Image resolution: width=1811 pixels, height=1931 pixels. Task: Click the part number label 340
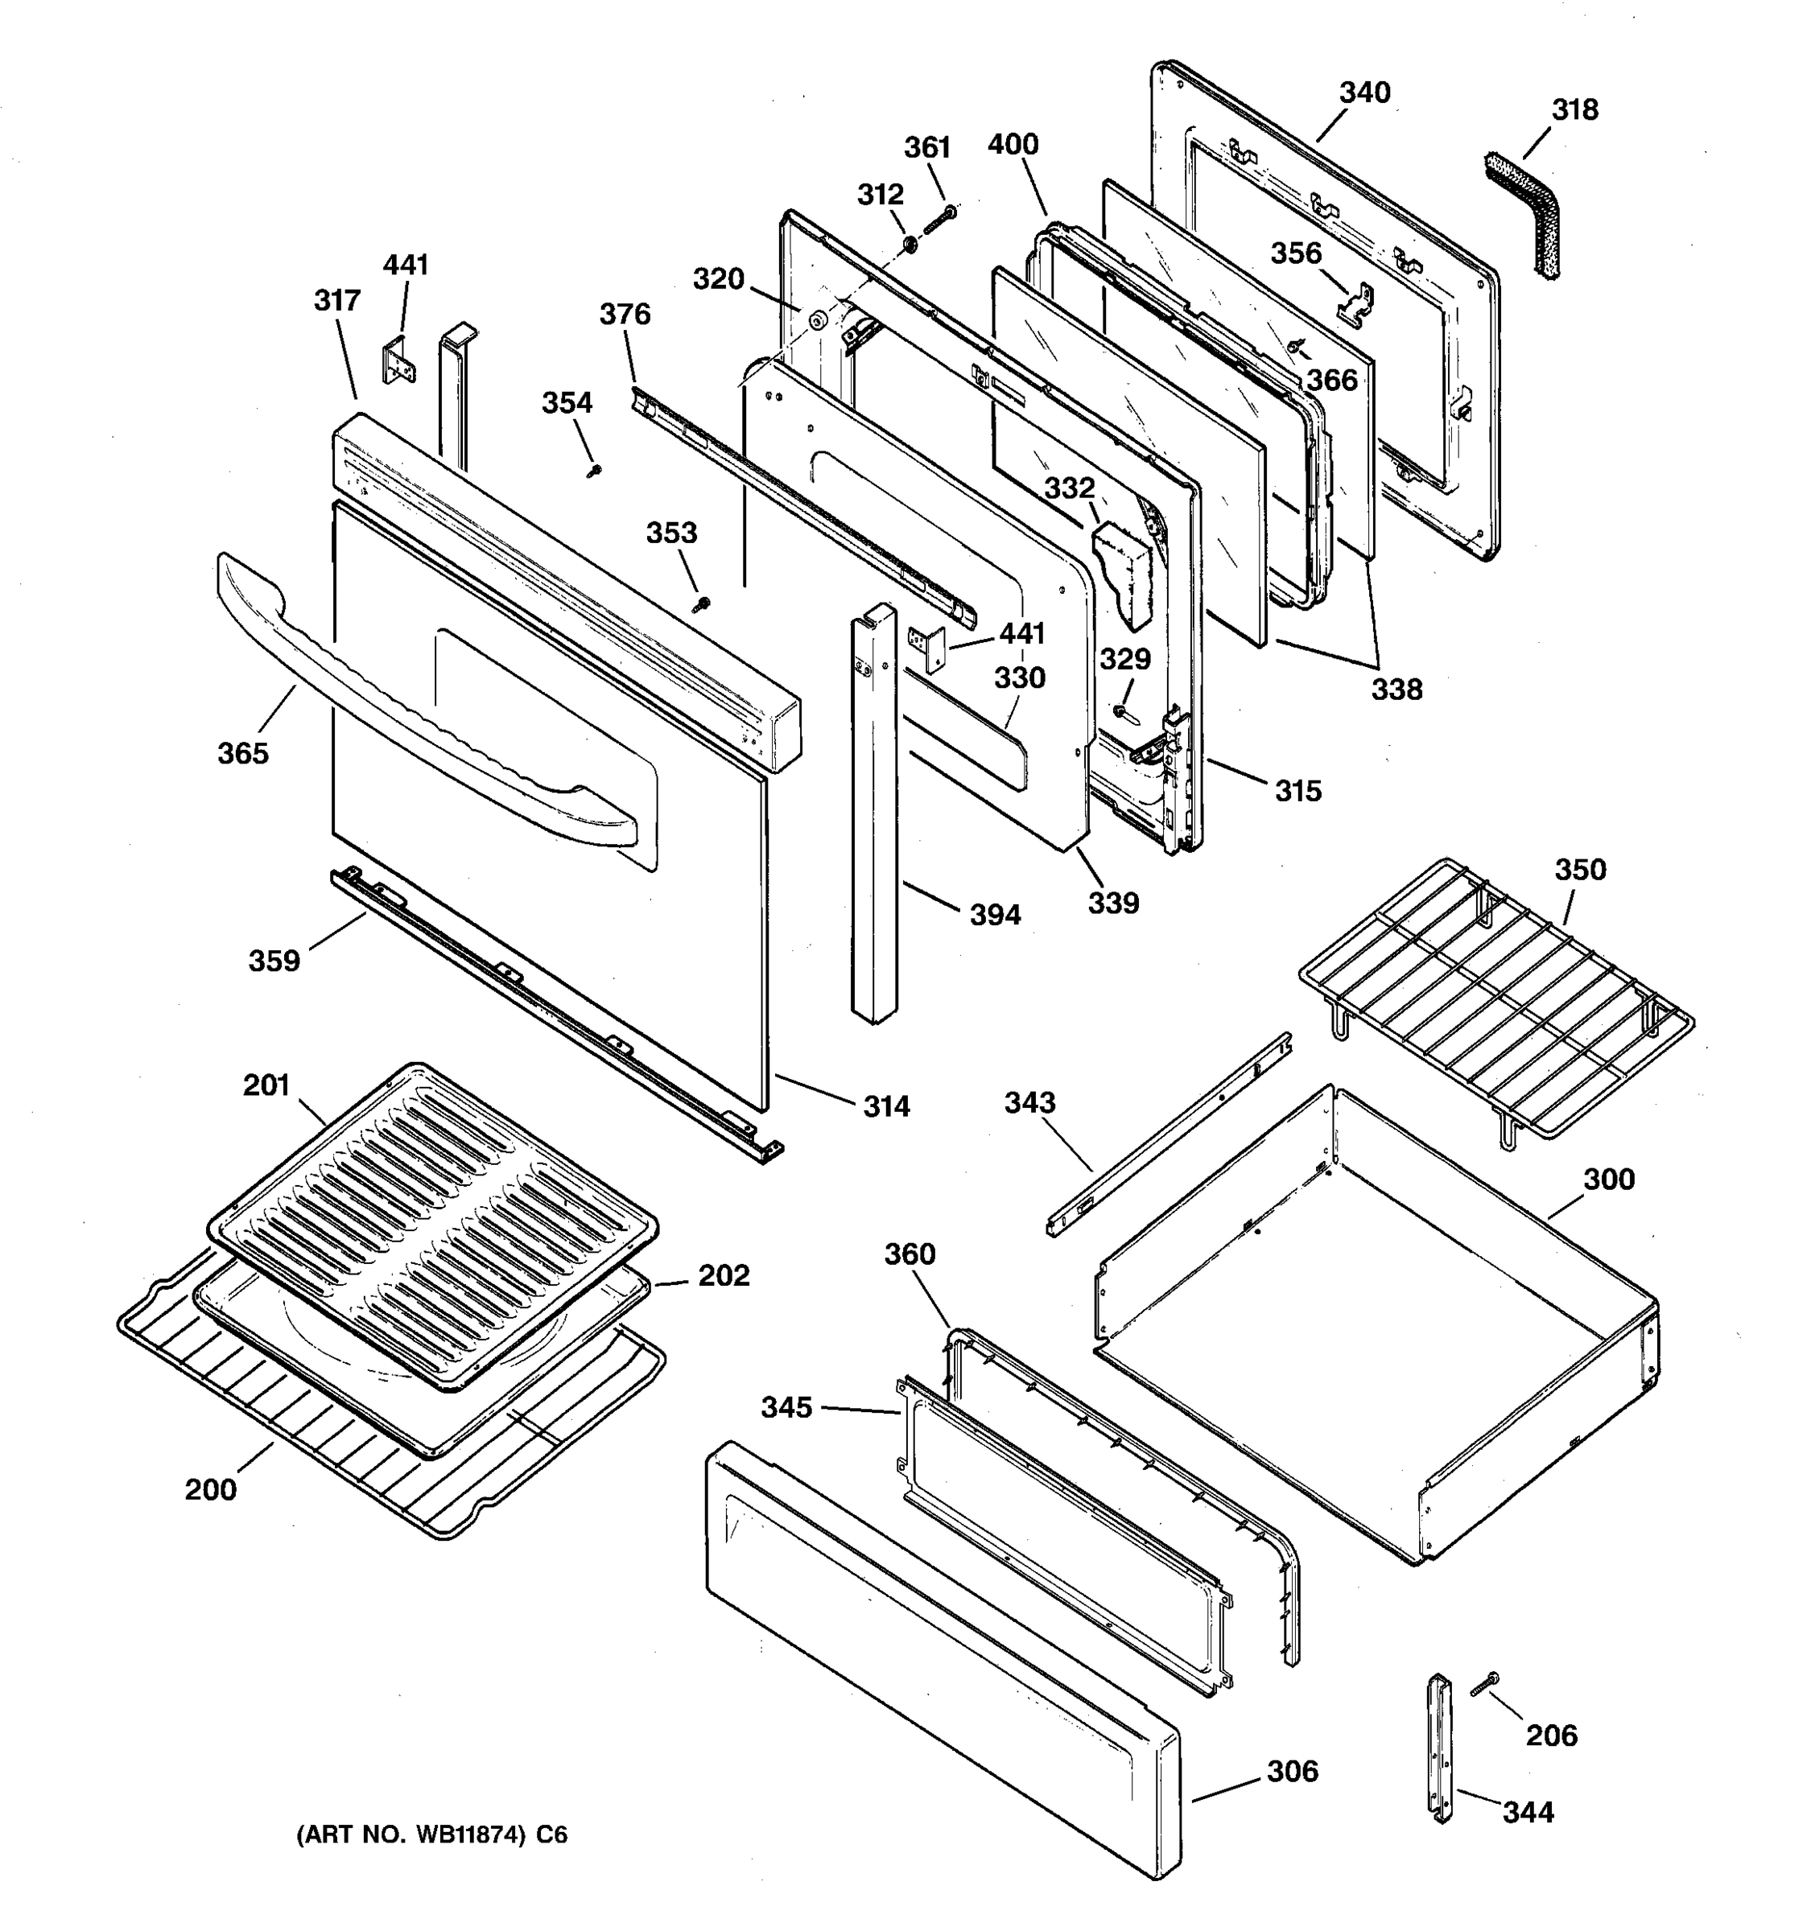coord(1364,93)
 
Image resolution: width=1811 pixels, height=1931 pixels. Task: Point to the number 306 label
coord(1292,1771)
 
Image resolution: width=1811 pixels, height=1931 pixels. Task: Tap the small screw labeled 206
coord(1483,1686)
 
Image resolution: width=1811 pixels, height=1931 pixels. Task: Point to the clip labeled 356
coord(1355,304)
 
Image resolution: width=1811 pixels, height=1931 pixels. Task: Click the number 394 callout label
coord(995,914)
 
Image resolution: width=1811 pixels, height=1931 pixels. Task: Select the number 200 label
coord(210,1489)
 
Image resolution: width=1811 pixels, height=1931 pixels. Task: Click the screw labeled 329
coord(1122,712)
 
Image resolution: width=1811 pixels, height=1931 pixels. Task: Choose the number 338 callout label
coord(1396,689)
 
